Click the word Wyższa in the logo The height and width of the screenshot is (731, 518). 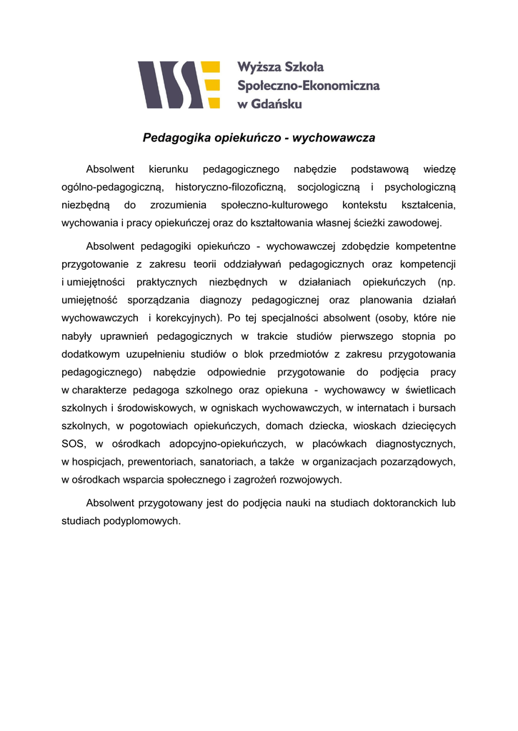pyautogui.click(x=260, y=66)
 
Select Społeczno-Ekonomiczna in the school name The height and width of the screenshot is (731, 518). pyautogui.click(x=308, y=85)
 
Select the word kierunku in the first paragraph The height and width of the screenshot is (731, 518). pyautogui.click(x=169, y=169)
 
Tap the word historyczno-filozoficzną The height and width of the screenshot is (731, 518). pyautogui.click(x=231, y=187)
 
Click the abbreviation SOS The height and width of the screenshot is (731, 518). pyautogui.click(x=74, y=443)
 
